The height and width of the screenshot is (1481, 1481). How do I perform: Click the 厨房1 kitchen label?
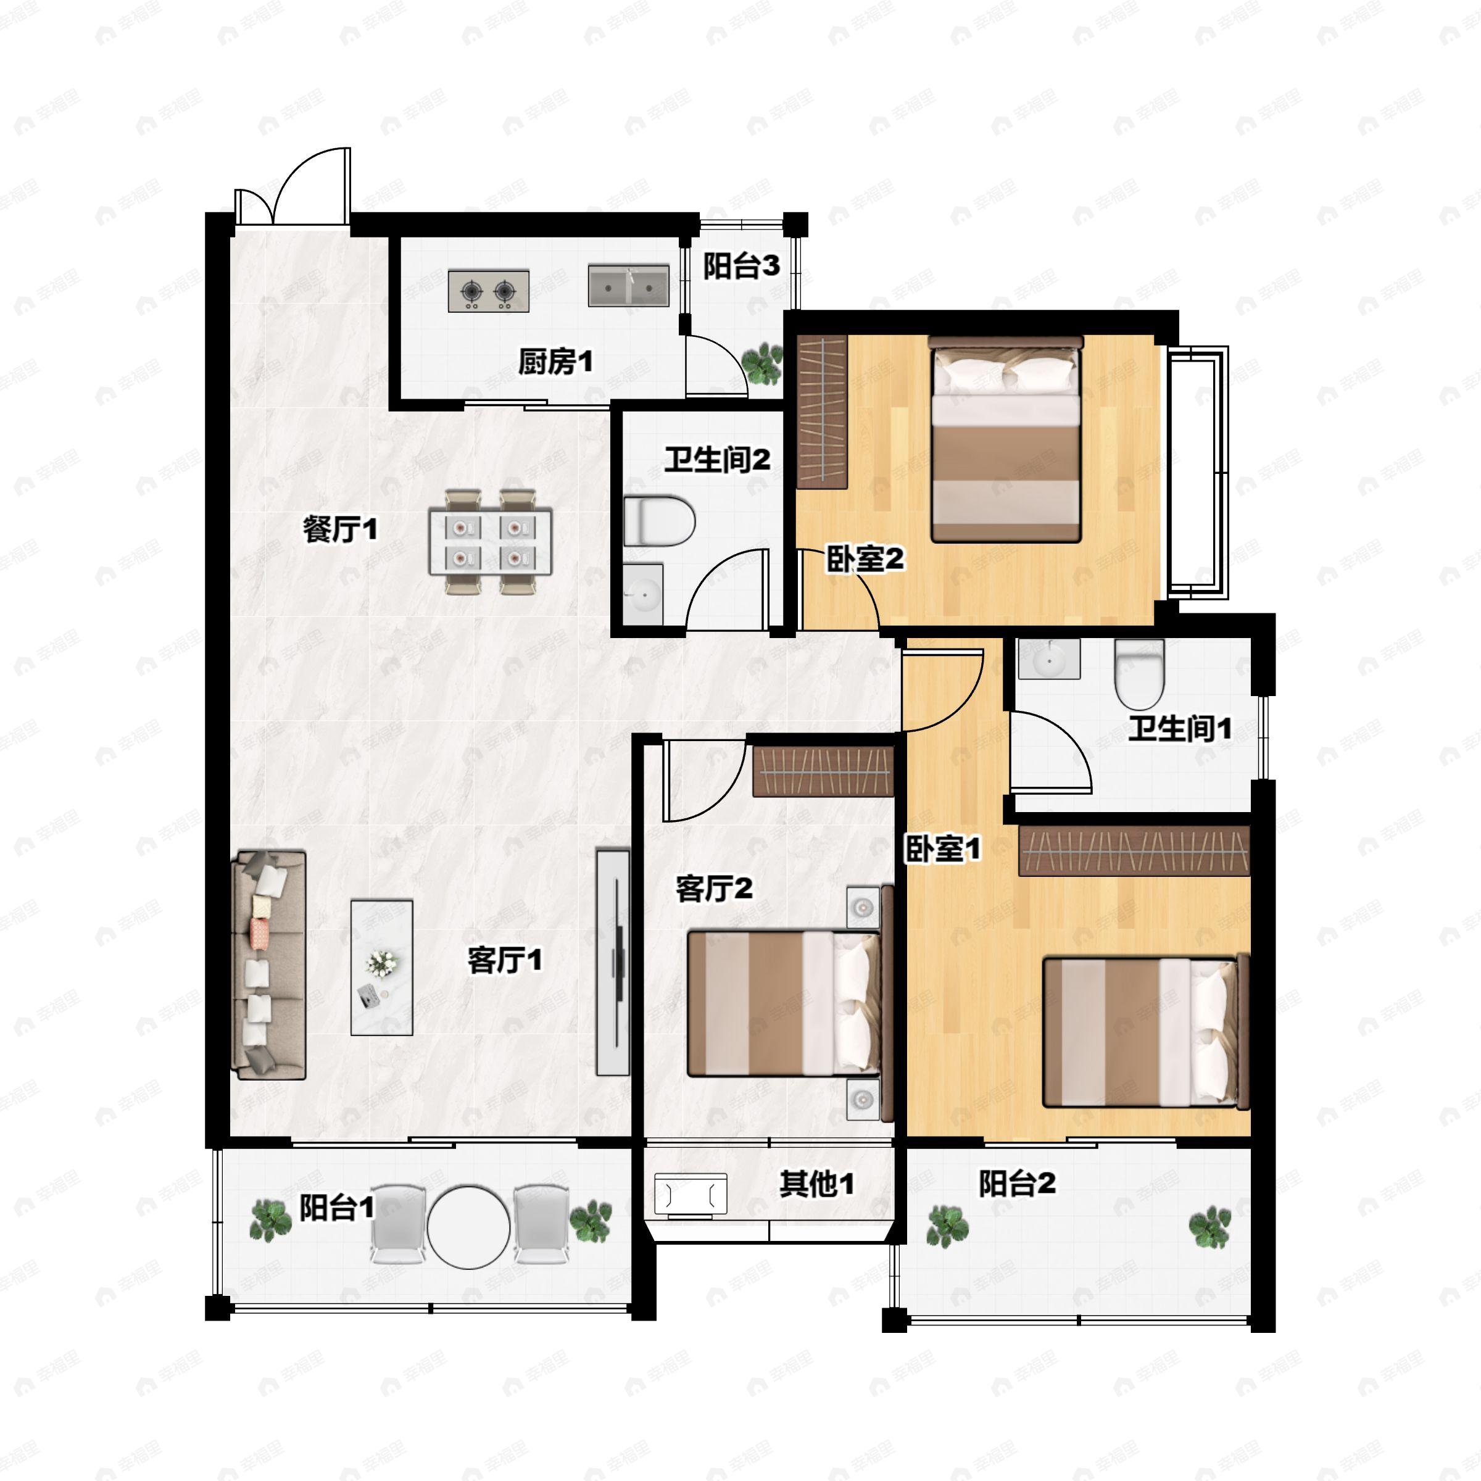point(555,361)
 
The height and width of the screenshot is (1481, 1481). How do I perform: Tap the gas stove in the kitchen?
point(488,291)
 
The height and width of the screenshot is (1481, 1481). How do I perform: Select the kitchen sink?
point(628,286)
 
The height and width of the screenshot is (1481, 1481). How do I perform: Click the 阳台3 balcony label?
point(740,266)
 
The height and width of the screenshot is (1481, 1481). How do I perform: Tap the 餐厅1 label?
point(339,528)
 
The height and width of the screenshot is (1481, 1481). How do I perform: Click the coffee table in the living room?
point(382,968)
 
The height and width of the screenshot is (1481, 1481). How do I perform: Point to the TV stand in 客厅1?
point(613,962)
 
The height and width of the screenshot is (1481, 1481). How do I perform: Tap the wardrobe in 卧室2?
point(822,412)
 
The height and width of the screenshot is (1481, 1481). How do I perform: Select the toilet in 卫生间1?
point(1139,674)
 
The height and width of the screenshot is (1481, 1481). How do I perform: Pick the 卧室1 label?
point(942,848)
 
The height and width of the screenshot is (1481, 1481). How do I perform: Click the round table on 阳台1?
point(468,1227)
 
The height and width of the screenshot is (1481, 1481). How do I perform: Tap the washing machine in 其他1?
point(690,1195)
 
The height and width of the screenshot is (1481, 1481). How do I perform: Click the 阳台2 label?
point(1016,1184)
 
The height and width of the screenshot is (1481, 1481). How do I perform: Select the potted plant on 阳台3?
point(763,363)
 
